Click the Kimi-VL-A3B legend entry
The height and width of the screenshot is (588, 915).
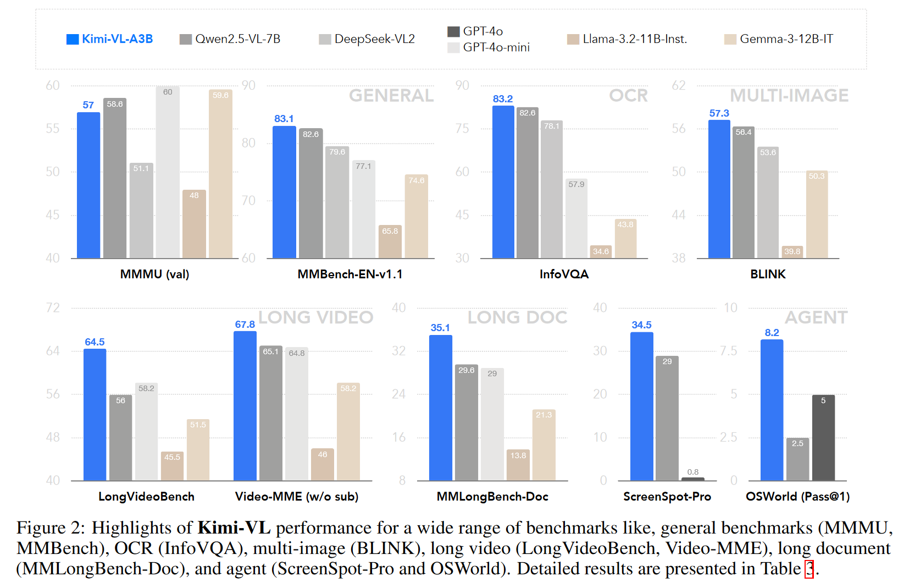[110, 39]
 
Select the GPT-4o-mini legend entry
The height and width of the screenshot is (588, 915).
[489, 47]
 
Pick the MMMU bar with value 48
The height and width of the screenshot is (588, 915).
[194, 224]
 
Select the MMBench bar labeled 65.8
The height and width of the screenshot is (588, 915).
[390, 241]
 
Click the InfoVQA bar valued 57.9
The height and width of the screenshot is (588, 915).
[576, 218]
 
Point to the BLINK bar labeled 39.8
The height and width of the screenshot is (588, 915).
[792, 252]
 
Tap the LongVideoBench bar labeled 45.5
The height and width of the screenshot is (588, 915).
[172, 466]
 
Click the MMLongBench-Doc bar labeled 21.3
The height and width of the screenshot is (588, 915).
[544, 445]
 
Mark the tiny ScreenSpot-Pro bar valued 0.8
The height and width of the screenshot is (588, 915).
[692, 479]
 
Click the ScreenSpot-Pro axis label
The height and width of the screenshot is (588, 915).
[667, 497]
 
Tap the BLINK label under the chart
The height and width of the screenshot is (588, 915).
[768, 274]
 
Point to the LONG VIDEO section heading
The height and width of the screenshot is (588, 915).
[315, 317]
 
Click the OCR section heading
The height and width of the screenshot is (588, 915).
[628, 96]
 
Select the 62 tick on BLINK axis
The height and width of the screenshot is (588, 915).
[679, 86]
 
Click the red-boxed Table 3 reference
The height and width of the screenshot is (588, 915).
[809, 569]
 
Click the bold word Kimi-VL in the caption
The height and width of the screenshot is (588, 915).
[234, 528]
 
